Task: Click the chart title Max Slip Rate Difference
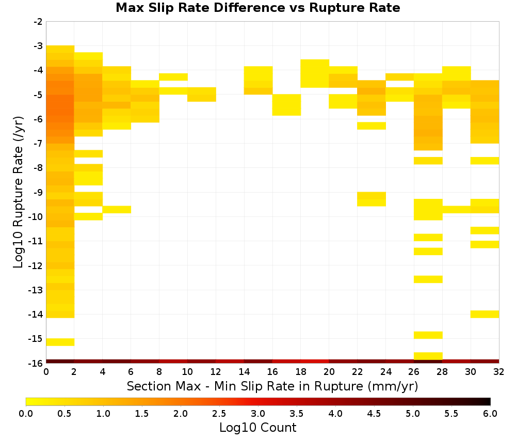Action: coord(200,7)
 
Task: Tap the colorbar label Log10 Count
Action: coord(257,428)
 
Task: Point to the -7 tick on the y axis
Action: coord(38,143)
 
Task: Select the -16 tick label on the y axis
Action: coord(36,363)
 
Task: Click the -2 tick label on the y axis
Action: coord(38,22)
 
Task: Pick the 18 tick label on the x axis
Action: coord(301,372)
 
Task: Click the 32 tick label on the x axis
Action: coord(499,372)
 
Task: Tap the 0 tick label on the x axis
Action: coord(46,372)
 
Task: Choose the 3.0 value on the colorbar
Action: coord(258,413)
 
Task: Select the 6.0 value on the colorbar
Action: coord(490,413)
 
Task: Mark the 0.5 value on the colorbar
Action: coord(64,413)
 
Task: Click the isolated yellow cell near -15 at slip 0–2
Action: coord(60,342)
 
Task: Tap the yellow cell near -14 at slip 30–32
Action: coord(485,314)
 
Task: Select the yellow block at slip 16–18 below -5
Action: coord(286,105)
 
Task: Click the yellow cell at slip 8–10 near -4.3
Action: coord(173,77)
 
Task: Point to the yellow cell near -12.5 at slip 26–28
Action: coord(428,279)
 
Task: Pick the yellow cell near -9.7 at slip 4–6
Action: coord(117,210)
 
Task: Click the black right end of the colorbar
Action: coord(488,401)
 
